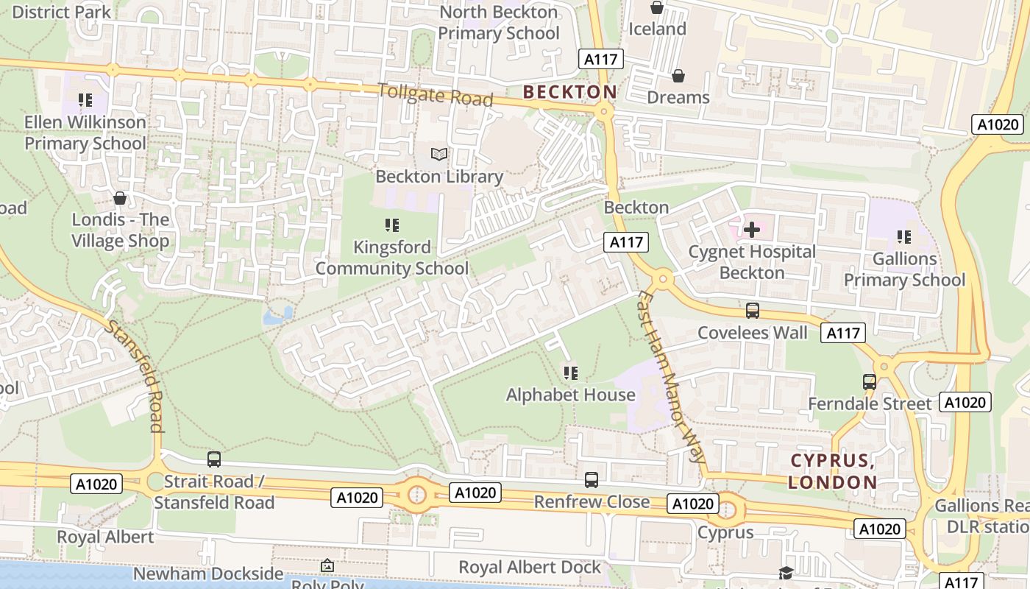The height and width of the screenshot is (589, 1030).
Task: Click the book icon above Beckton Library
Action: coord(439,154)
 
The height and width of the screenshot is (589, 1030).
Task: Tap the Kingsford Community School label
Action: coord(391,258)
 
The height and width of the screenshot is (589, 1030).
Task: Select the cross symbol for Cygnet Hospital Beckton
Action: coord(751,230)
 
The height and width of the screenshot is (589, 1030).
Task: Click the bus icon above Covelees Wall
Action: coord(752,311)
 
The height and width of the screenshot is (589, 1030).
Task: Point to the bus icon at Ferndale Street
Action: coord(869,382)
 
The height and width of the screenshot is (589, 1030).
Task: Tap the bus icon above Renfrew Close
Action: coord(591,480)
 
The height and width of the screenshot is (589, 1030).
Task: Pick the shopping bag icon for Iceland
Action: coord(656,8)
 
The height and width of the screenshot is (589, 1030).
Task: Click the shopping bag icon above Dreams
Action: coord(678,76)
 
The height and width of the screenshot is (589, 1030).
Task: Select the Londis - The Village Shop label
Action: coord(120,230)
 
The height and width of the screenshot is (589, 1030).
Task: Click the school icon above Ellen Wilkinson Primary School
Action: coord(85,99)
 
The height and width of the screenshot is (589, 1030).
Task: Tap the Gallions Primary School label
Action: coord(904,269)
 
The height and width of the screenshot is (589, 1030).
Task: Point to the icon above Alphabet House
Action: coord(570,373)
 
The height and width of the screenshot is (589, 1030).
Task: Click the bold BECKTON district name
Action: coord(569,92)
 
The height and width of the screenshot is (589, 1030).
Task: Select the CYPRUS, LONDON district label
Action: coord(833,471)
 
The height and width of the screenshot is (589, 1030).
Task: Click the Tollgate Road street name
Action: coord(435,94)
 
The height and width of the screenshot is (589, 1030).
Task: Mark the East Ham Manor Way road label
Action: coord(670,376)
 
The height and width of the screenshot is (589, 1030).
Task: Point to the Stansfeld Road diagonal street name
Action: coord(134,375)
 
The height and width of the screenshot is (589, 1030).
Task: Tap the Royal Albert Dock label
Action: coord(530,567)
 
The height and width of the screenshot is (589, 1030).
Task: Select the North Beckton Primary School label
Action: coord(498,23)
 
